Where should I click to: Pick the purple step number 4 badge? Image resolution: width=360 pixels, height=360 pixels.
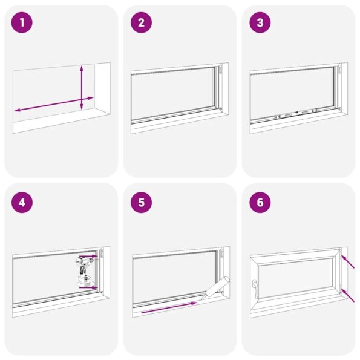[x=22, y=203]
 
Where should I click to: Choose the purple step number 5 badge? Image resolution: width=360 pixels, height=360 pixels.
[x=141, y=203]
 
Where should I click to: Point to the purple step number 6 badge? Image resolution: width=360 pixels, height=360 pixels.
[x=260, y=203]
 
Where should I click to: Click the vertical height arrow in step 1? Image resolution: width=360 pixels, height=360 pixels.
[x=82, y=88]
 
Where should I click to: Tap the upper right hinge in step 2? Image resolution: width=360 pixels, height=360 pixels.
[x=221, y=71]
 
